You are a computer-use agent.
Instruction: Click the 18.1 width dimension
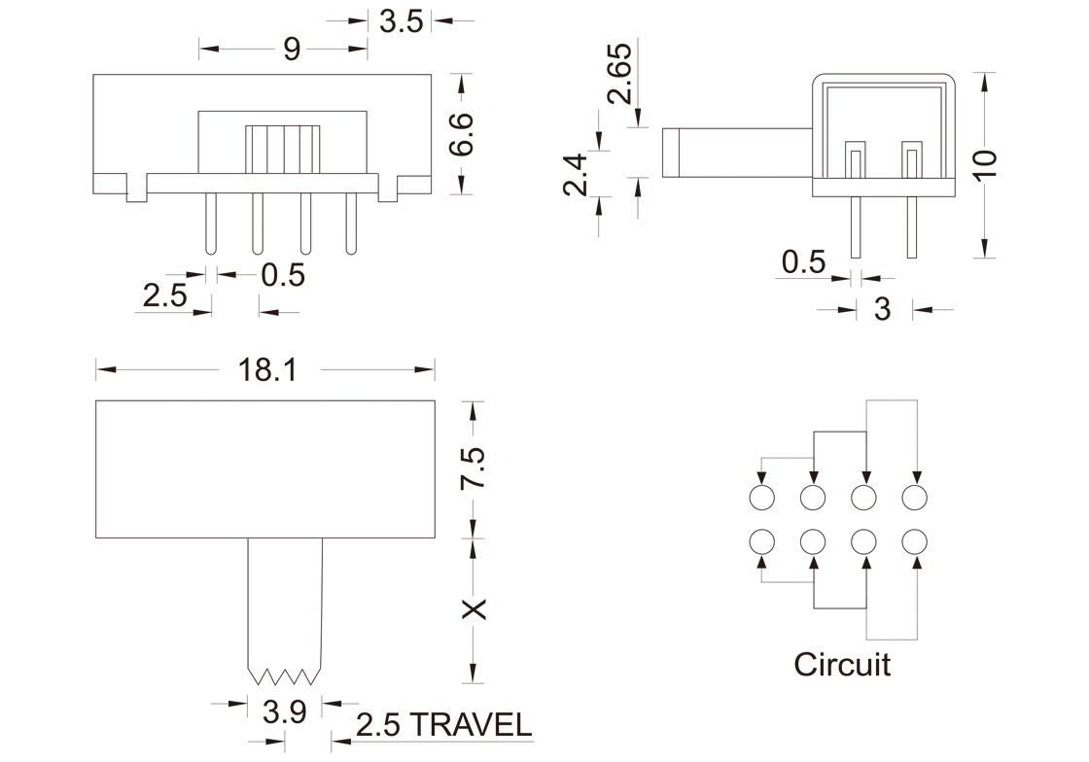click(x=266, y=370)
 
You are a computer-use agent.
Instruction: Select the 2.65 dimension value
click(x=619, y=73)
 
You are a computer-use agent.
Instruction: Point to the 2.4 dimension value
click(x=576, y=175)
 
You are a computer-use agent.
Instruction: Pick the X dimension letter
click(x=473, y=609)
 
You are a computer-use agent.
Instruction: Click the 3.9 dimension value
click(x=285, y=712)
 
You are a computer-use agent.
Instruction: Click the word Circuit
click(x=842, y=665)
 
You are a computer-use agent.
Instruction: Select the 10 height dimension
click(x=984, y=163)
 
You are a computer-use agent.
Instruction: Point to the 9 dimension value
click(x=292, y=50)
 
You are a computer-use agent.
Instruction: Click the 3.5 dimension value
click(x=402, y=20)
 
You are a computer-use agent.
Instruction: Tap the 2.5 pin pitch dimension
click(x=164, y=295)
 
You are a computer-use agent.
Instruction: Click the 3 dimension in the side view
click(x=883, y=309)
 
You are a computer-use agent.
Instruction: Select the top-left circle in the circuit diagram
click(x=761, y=498)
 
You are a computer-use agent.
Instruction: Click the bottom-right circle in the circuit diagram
click(x=915, y=541)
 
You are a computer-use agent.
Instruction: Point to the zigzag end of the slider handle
click(x=285, y=674)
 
